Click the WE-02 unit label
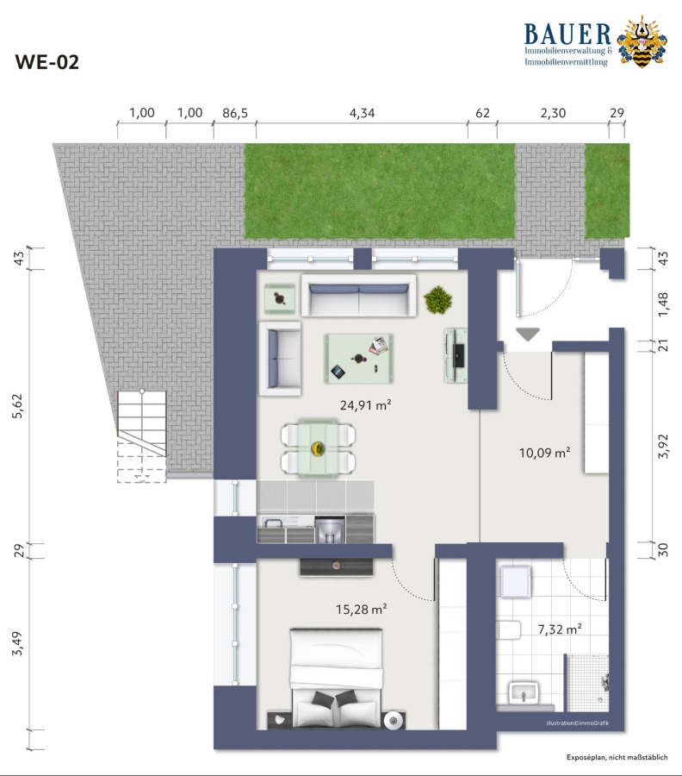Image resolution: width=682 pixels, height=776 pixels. click(x=47, y=62)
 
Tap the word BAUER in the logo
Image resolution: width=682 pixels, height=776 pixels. click(x=567, y=34)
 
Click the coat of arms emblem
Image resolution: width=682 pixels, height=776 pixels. click(x=642, y=41)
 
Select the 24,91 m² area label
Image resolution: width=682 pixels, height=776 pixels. click(x=365, y=405)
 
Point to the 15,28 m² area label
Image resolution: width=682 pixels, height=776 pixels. click(x=362, y=610)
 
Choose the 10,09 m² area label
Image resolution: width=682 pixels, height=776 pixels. click(x=544, y=453)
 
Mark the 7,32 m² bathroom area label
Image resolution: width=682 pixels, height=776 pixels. click(x=560, y=629)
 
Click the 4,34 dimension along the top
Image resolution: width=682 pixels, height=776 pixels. click(x=363, y=113)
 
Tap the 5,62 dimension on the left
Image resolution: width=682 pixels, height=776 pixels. click(x=18, y=406)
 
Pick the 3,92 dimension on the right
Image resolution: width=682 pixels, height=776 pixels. click(x=663, y=446)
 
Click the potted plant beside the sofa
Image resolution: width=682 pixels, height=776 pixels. click(x=437, y=299)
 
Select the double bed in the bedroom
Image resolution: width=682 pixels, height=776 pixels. click(x=336, y=678)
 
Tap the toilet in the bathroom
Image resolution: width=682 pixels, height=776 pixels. click(x=509, y=630)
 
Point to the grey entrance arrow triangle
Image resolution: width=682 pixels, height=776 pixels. click(x=527, y=334)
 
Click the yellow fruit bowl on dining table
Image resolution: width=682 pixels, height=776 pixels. click(x=318, y=449)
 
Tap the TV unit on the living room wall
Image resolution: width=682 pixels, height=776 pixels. click(x=456, y=355)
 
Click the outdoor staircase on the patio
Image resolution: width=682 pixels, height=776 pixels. click(x=142, y=436)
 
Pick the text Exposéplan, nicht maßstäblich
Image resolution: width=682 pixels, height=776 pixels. click(x=617, y=757)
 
